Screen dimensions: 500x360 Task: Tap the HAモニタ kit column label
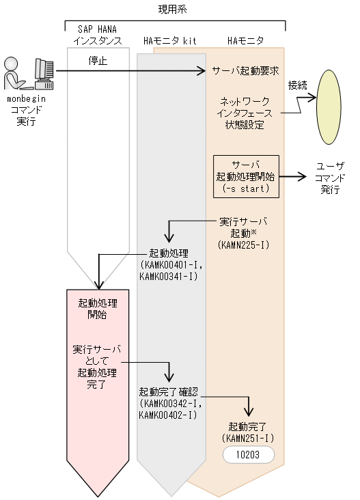(x=170, y=41)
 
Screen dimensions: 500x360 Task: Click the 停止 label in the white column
(x=98, y=60)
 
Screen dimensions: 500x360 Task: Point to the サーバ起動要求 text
(x=244, y=70)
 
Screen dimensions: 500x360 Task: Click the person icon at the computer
(x=16, y=74)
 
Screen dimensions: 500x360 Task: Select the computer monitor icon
(x=44, y=72)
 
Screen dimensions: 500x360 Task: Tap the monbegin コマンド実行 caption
(x=26, y=110)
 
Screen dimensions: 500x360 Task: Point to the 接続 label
(x=297, y=85)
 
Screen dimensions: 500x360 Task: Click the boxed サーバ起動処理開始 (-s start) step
(x=246, y=176)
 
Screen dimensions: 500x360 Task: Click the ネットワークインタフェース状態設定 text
(x=245, y=113)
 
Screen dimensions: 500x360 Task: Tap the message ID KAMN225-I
(x=244, y=243)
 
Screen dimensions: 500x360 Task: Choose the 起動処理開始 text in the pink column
(x=97, y=308)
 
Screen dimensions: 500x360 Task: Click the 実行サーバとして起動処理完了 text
(x=97, y=367)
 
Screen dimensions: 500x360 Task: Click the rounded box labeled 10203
(x=248, y=454)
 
